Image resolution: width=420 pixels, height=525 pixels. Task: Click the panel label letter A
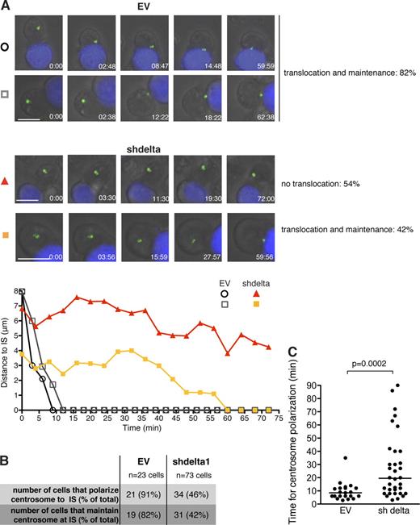(6, 6)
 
